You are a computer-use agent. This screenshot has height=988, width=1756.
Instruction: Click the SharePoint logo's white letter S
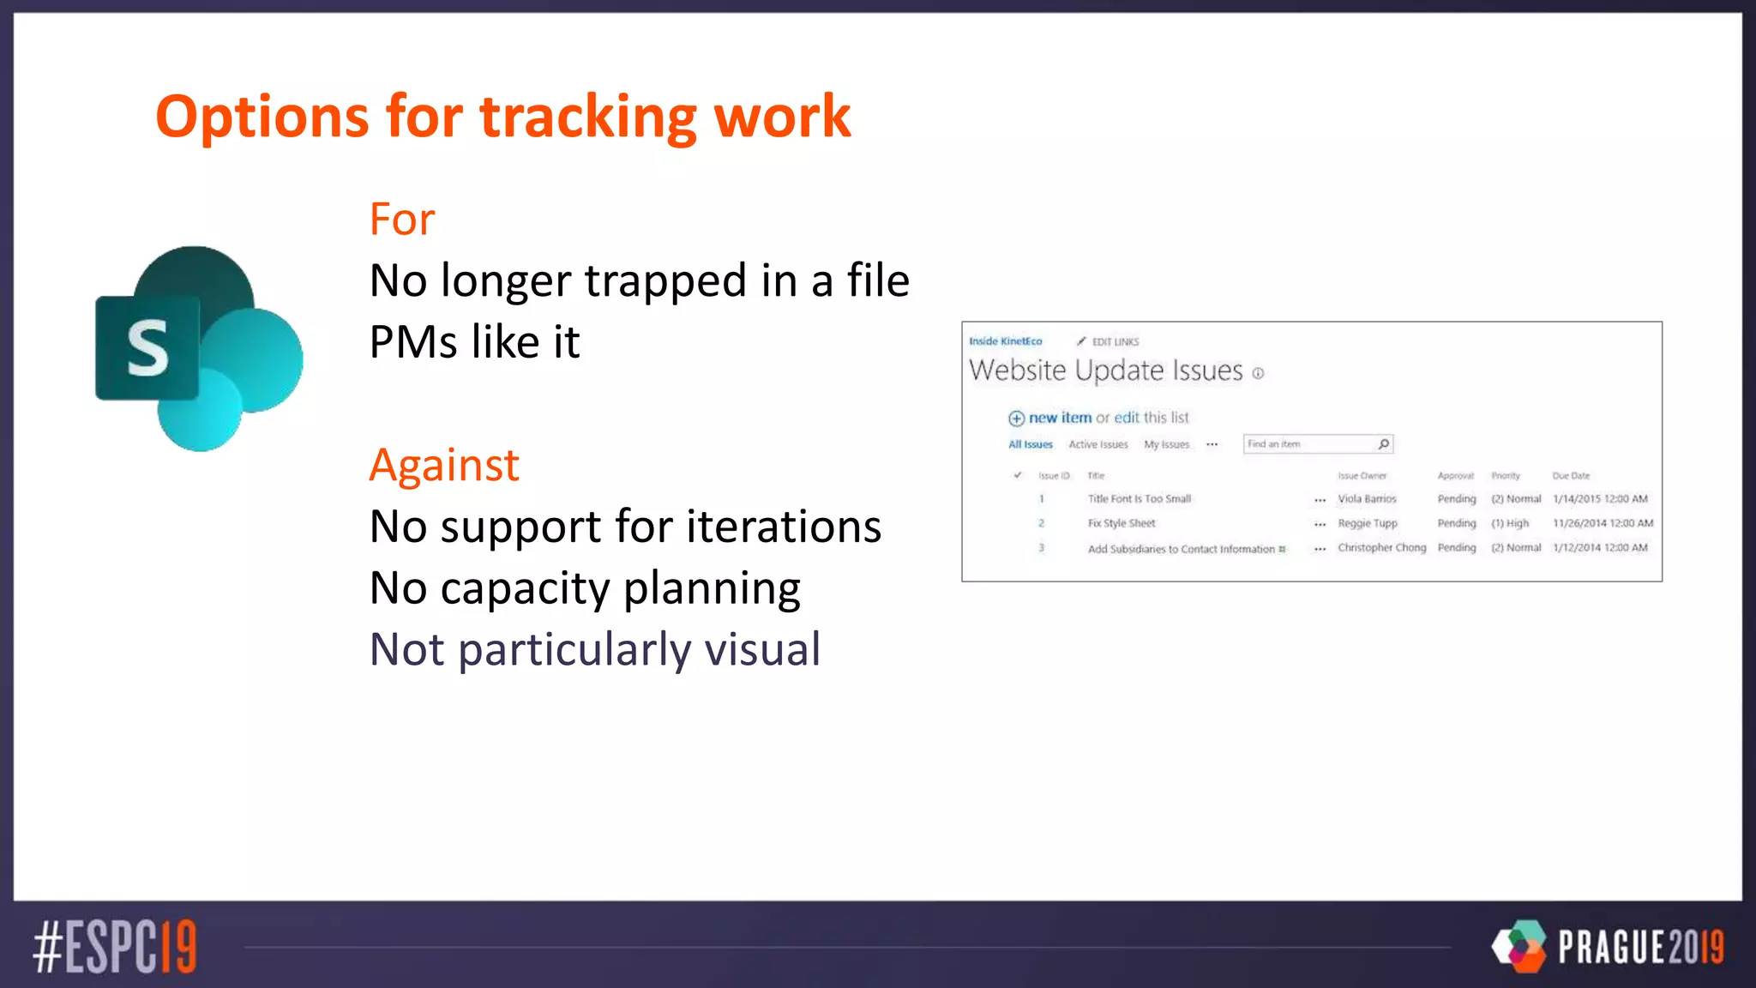(x=147, y=348)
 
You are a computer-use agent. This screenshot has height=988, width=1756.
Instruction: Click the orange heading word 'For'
(x=401, y=220)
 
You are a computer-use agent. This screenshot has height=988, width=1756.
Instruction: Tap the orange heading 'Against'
(x=444, y=466)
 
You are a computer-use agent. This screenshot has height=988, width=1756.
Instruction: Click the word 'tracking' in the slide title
(x=587, y=117)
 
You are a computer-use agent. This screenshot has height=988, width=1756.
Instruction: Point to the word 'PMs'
(x=413, y=342)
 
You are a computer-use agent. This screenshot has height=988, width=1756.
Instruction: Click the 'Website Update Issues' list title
(x=1105, y=370)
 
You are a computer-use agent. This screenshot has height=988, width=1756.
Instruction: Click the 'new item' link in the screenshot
(x=1060, y=418)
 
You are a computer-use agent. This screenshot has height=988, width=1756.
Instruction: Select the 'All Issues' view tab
(x=1030, y=444)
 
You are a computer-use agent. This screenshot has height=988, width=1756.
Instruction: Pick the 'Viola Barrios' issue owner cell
(x=1367, y=499)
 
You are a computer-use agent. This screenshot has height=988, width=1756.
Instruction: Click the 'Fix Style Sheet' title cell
(x=1122, y=523)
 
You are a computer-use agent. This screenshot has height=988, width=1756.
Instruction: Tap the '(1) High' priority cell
(x=1509, y=523)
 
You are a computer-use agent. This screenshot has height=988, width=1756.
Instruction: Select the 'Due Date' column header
(x=1571, y=476)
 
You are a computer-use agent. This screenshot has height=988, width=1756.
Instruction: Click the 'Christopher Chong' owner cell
(x=1381, y=548)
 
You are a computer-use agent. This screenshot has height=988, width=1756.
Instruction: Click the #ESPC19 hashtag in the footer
(x=115, y=947)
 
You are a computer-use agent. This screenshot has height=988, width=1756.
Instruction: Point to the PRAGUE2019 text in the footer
(x=1640, y=947)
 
